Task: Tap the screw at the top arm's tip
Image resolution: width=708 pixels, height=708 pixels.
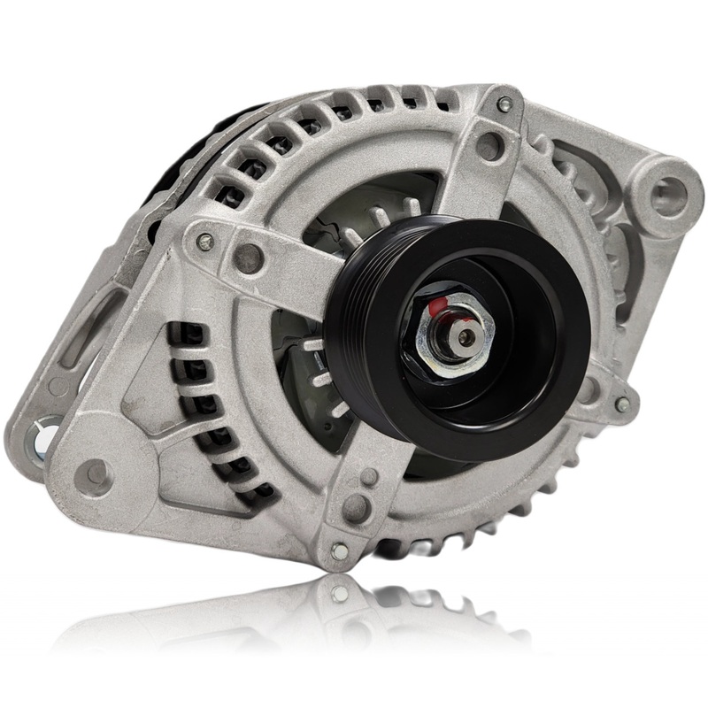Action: click(x=504, y=105)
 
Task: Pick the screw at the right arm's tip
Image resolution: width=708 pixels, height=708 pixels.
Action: click(x=622, y=404)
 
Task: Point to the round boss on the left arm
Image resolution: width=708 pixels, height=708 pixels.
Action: click(x=249, y=258)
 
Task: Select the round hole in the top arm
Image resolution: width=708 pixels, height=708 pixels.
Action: click(x=489, y=146)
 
